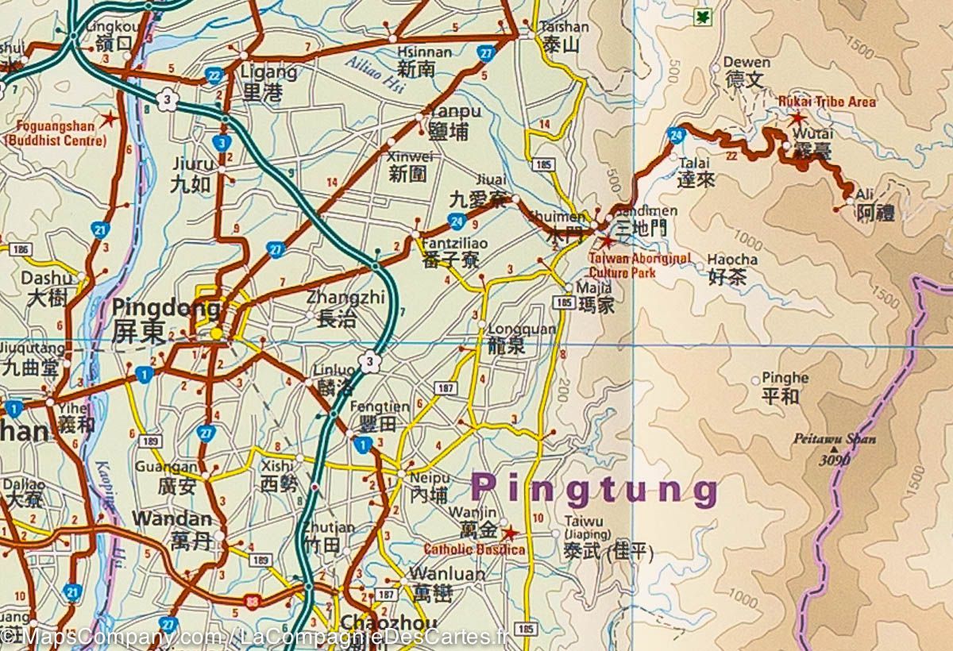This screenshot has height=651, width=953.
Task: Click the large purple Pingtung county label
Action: (x=594, y=490)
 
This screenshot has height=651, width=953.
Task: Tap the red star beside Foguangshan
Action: (x=109, y=120)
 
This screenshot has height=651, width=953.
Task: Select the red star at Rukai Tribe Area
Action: (x=797, y=118)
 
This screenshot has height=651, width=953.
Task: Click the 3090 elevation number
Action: (x=835, y=460)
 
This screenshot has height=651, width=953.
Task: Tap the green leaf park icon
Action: (x=702, y=17)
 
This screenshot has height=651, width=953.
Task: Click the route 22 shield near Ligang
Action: (x=213, y=75)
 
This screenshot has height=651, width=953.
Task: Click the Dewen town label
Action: (x=746, y=62)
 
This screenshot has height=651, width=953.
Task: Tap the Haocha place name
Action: (x=731, y=260)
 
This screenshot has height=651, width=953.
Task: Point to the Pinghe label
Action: (x=785, y=378)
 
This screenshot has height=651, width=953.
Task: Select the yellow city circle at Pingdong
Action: (x=216, y=334)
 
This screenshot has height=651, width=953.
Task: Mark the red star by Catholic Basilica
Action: (x=509, y=534)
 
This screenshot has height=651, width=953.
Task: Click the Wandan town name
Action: (x=172, y=519)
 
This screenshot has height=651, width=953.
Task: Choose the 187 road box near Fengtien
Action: (x=444, y=387)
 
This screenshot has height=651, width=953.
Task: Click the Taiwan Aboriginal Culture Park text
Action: (x=639, y=264)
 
